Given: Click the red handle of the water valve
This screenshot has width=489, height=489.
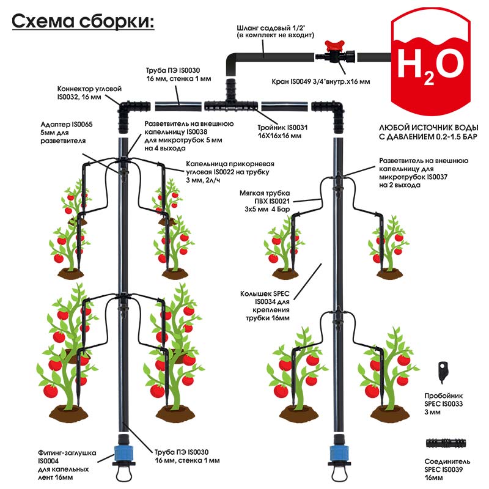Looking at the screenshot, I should coord(334,44).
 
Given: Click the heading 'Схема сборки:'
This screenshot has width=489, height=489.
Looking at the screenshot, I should coord(83,21).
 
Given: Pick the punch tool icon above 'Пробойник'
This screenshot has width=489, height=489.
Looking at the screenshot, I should coord(443,370).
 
